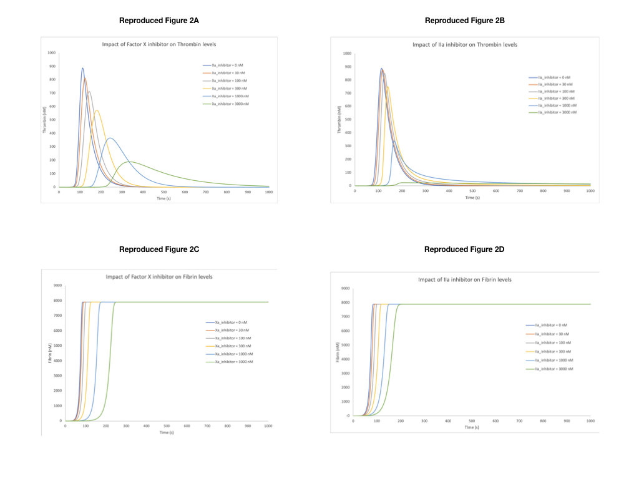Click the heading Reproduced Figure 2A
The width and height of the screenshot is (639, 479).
(x=159, y=21)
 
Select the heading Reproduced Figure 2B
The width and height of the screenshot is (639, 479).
(x=465, y=21)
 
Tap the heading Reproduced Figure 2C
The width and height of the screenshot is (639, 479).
(x=159, y=249)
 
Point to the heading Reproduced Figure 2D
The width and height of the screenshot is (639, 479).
(x=464, y=249)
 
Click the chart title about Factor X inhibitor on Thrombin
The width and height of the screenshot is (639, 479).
(x=159, y=44)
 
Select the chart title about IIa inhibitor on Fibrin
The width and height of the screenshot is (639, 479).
(x=465, y=279)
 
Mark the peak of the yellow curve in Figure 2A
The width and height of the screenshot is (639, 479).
(x=97, y=110)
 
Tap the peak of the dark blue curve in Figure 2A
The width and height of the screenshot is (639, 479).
(x=82, y=68)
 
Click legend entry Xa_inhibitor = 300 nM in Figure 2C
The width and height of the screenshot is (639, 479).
(x=230, y=346)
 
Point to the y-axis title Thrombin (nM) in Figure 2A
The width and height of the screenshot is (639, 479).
(x=46, y=120)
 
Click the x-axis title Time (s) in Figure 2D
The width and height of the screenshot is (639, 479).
(x=472, y=427)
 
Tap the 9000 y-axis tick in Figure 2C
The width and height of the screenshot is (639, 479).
(x=57, y=286)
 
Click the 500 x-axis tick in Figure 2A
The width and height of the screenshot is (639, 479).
(x=163, y=192)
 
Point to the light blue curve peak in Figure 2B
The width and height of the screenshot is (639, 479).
(x=394, y=141)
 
